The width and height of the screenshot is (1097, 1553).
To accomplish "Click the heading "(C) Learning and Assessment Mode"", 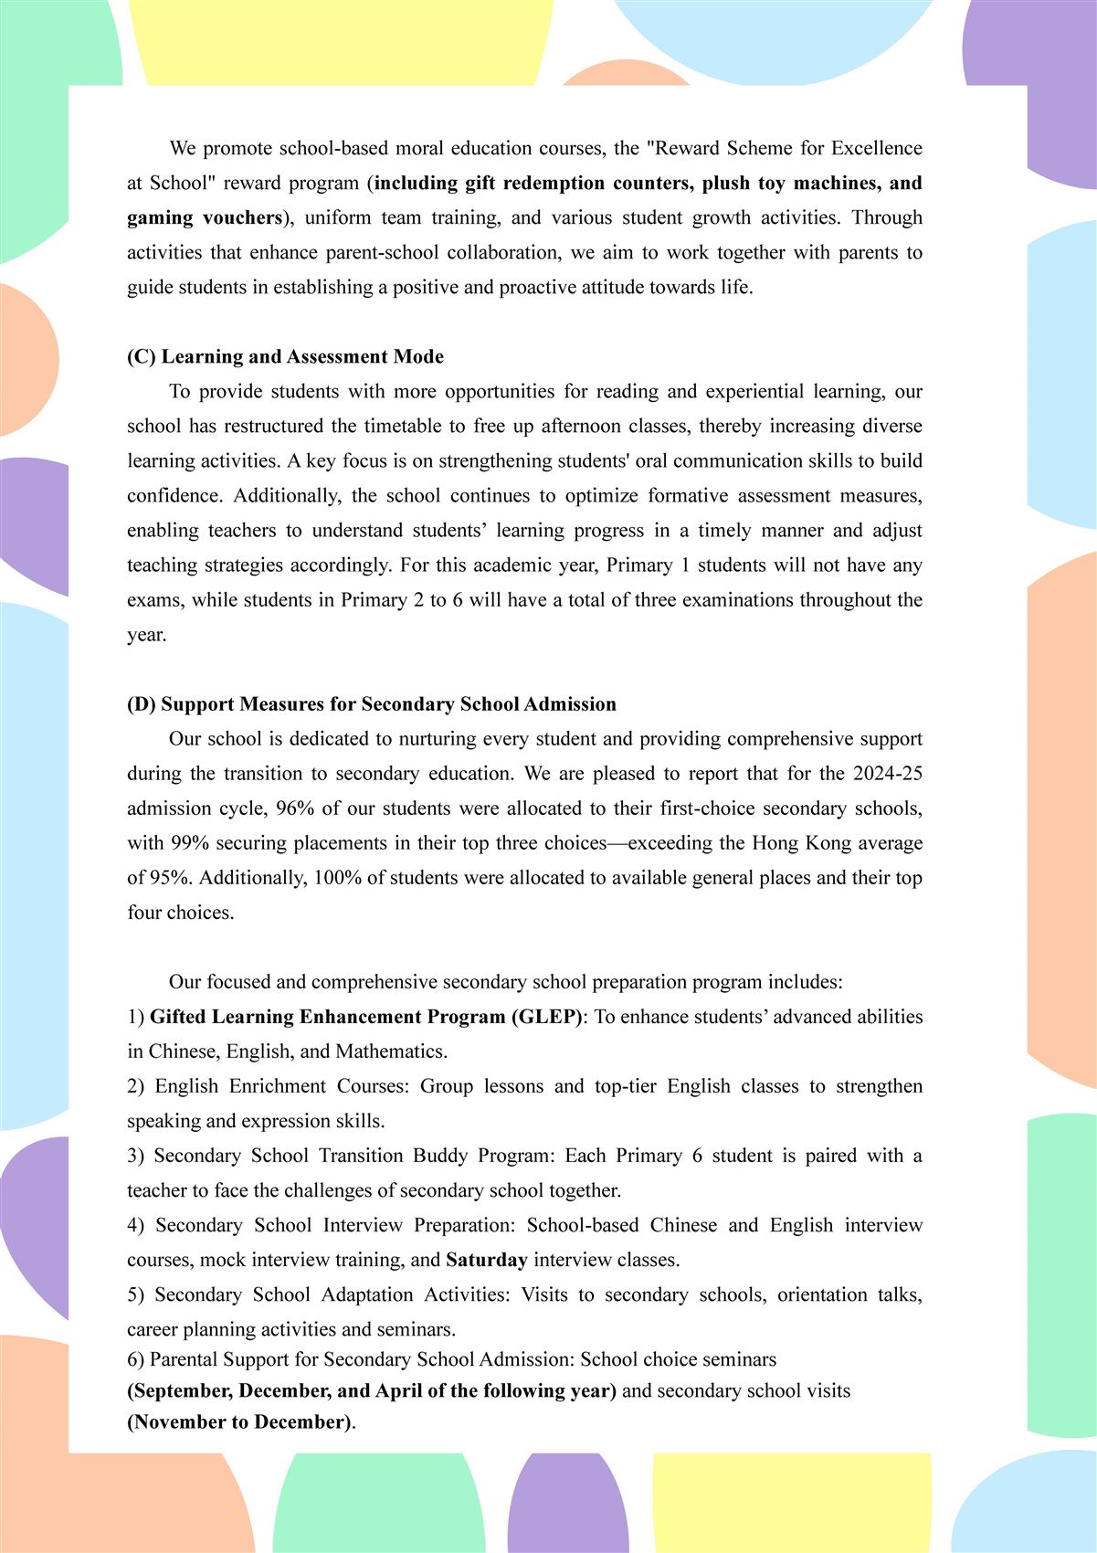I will tap(285, 356).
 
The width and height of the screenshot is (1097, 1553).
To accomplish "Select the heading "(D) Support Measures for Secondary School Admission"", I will tap(371, 703).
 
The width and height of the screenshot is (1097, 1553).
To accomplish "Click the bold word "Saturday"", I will tap(487, 1260).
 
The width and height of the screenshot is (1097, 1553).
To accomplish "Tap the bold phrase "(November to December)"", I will tap(239, 1422).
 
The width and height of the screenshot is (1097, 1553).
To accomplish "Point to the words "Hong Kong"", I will tap(794, 843).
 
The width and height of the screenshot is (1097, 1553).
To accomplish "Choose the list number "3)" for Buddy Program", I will tap(135, 1156).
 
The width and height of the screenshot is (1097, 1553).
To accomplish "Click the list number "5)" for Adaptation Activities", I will tap(135, 1294).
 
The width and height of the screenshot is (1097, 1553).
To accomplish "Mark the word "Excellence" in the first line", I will tap(877, 148).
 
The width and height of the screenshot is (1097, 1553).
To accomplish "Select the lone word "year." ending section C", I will tap(146, 635).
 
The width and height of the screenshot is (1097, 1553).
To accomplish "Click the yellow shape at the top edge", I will tap(343, 41).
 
